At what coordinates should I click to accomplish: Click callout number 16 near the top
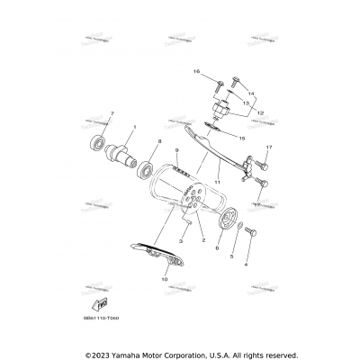pyautogui.click(x=194, y=70)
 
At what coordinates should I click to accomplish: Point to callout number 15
pyautogui.click(x=241, y=138)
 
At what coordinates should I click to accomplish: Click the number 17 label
pyautogui.click(x=268, y=147)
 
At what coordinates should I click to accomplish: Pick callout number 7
pyautogui.click(x=112, y=112)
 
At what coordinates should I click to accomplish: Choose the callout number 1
pyautogui.click(x=134, y=127)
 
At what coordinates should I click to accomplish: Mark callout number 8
pyautogui.click(x=160, y=140)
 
